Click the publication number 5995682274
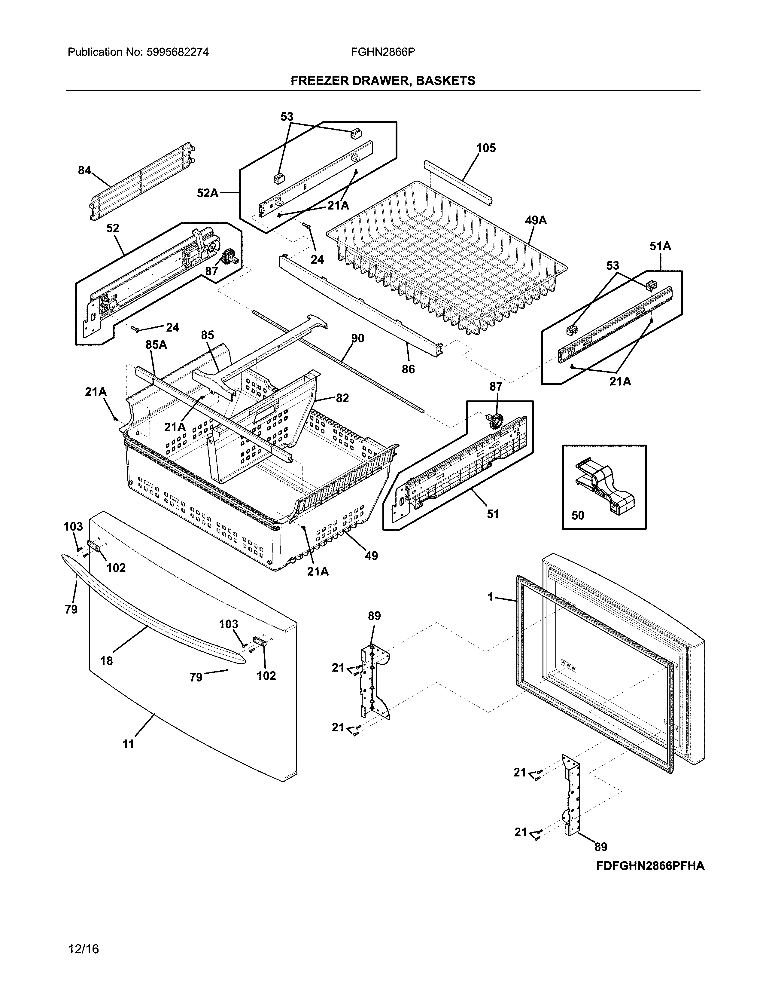coord(178,52)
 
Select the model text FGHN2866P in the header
coord(382,52)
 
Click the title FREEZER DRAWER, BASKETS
coord(382,81)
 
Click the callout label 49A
coord(536,221)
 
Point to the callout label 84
coord(84,171)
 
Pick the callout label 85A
coord(156,345)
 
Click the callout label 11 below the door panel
coord(129,744)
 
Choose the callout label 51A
coord(660,246)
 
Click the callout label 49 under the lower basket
coord(371,556)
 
